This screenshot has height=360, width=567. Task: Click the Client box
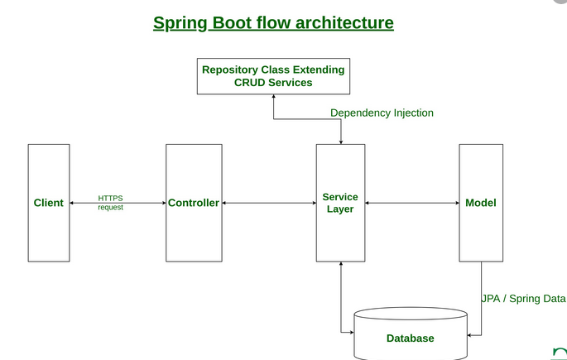tap(48, 203)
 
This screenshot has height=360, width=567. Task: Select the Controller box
tap(194, 203)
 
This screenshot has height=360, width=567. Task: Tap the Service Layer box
tap(340, 203)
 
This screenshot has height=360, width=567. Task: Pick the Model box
tap(481, 203)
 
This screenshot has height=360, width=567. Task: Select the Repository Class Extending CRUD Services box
tap(273, 76)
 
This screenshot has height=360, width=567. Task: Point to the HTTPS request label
tap(110, 203)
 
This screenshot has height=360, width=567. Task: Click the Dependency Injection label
tap(382, 113)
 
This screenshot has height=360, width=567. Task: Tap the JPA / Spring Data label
tap(524, 298)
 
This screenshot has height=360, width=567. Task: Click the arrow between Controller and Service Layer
tap(269, 203)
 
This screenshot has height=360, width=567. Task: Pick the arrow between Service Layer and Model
tap(412, 203)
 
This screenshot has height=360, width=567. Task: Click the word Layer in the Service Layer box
tap(340, 209)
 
